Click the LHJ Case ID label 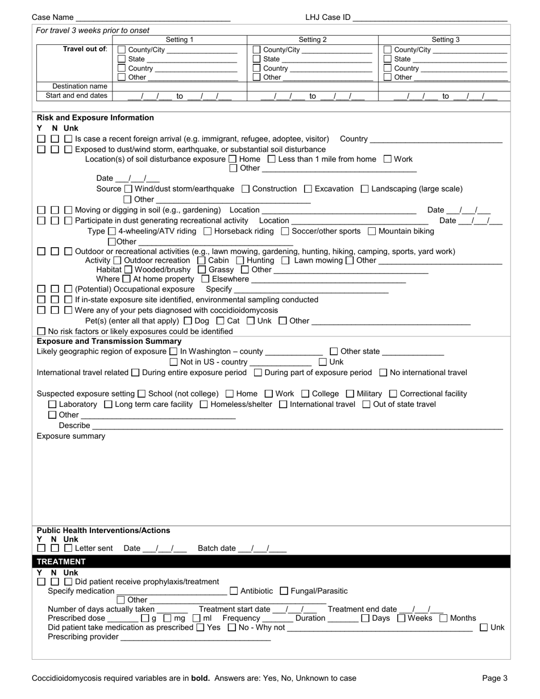point(328,17)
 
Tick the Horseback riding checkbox point(207,231)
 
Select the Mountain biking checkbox point(372,231)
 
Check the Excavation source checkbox point(308,189)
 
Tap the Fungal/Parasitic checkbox point(285,591)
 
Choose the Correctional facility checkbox point(393,394)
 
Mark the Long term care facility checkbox point(109,405)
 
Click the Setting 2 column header point(313,40)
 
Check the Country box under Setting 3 point(388,68)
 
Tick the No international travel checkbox point(383,373)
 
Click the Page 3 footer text point(495,678)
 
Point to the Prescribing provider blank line point(196,638)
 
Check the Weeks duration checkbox point(401,618)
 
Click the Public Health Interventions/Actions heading point(103,530)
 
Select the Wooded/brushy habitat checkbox point(128,269)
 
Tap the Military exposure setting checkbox point(350,394)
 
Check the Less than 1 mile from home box point(271,159)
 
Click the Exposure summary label point(71,436)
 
